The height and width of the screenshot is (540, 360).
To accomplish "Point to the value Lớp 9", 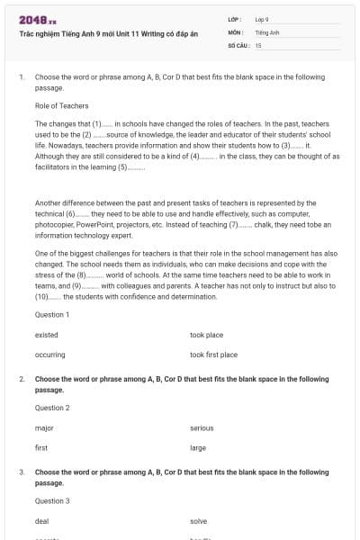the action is click(x=262, y=19).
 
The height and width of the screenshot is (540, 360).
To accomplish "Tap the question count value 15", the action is click(x=258, y=44).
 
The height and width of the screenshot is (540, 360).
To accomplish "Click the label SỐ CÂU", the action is click(x=238, y=44).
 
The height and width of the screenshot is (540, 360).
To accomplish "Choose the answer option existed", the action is click(x=47, y=335).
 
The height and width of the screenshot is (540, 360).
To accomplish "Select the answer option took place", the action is click(x=207, y=335).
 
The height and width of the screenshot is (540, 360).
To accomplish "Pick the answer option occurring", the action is click(x=49, y=355).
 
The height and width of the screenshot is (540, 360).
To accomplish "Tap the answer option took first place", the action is click(x=213, y=355).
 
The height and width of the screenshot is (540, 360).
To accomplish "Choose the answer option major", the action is click(x=44, y=427).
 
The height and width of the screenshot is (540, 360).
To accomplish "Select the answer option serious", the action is click(x=202, y=427).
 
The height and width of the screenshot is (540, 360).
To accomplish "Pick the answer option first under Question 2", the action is click(x=41, y=447).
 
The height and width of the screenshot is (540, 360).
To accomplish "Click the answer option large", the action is click(x=198, y=447).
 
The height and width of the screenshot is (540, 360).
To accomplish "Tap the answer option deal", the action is click(x=42, y=521).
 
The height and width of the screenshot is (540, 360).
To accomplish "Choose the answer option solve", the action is click(x=199, y=521).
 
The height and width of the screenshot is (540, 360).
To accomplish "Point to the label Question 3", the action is click(x=52, y=500).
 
